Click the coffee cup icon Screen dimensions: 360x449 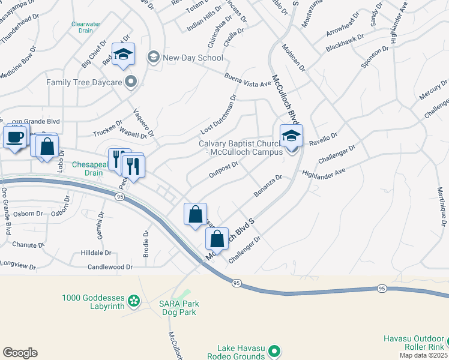pos(15,137)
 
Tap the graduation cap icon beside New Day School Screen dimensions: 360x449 pos(123,55)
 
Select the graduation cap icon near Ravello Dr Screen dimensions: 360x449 pos(291,136)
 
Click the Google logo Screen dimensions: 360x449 pos(20,353)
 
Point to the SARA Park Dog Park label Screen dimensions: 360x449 pos(179,308)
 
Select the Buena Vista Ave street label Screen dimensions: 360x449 pos(249,80)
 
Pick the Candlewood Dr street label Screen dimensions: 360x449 pos(110,266)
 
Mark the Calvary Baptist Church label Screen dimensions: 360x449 pos(240,148)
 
